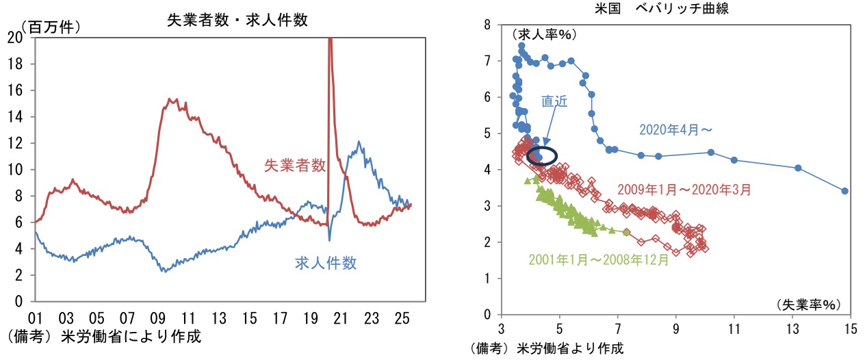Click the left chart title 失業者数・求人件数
pyautogui.click(x=237, y=20)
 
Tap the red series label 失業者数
pyautogui.click(x=294, y=165)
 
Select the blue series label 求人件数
pyautogui.click(x=326, y=263)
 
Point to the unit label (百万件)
pyautogui.click(x=51, y=27)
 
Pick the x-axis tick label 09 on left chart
pyautogui.click(x=158, y=318)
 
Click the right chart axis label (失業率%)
pyautogui.click(x=809, y=303)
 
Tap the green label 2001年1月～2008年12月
pyautogui.click(x=599, y=260)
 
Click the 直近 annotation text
pyautogui.click(x=554, y=101)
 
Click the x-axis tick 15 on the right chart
pyautogui.click(x=851, y=328)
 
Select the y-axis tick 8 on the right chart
pyautogui.click(x=487, y=25)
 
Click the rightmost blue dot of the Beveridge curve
pyautogui.click(x=845, y=191)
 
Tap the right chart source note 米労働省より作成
pyautogui.click(x=547, y=348)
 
